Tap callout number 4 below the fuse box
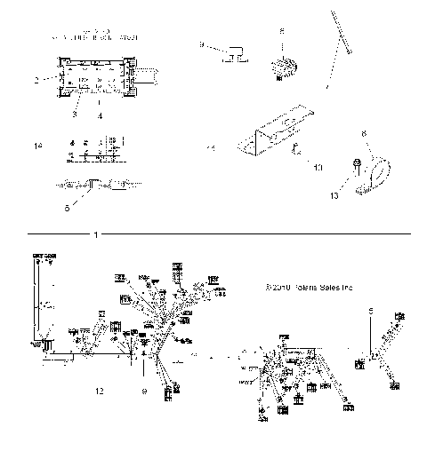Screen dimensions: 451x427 [x=98, y=116]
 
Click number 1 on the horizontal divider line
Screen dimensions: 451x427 [x=95, y=234]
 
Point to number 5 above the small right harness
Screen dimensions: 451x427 [x=371, y=311]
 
